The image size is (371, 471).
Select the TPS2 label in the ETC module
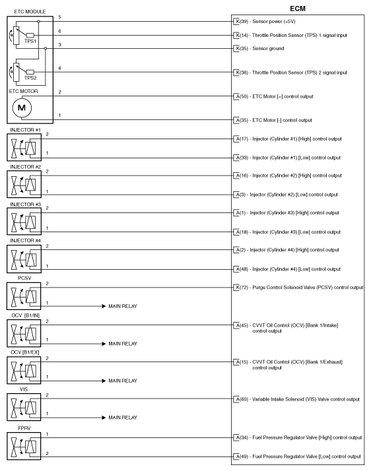pyautogui.click(x=30, y=77)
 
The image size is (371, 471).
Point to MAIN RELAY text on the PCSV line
pyautogui.click(x=123, y=307)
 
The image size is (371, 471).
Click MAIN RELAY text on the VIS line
pyautogui.click(x=123, y=418)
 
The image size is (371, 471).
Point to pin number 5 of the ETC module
pyautogui.click(x=60, y=16)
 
